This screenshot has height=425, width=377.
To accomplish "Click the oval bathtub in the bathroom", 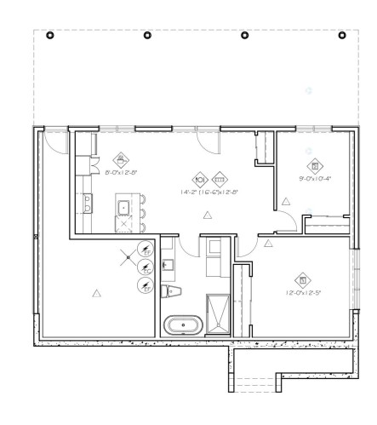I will coord(183,324).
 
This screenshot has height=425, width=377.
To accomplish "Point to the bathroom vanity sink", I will coord(168,263).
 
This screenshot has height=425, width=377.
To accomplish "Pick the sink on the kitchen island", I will coord(123,206).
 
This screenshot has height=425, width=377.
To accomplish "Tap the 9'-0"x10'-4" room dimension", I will coord(314,179).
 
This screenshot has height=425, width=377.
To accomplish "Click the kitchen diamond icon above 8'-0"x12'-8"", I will coord(121,159).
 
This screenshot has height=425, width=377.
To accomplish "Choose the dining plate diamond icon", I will coord(200,180).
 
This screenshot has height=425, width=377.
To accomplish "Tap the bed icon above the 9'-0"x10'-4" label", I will coord(314,165).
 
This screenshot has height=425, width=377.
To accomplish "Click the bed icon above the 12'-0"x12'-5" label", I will coord(300,279).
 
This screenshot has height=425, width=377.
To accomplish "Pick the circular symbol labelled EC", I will coord(146,270).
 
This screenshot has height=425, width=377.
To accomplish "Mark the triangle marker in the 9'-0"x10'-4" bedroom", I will coord(287,201).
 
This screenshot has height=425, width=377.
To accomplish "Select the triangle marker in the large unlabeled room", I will coord(96,293).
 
